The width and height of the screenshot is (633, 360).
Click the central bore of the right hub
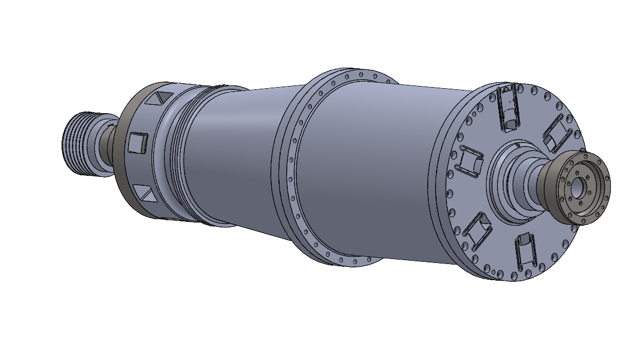(x=577, y=186)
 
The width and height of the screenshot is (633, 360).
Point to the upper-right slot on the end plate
(x=557, y=133)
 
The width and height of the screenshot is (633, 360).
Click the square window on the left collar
(x=136, y=143)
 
